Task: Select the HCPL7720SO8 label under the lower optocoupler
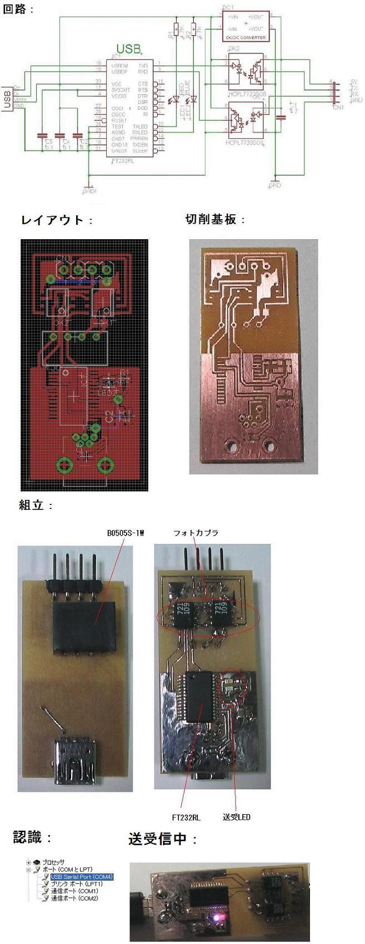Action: point(245,143)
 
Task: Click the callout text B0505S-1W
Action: point(126,533)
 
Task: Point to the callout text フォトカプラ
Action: point(196,533)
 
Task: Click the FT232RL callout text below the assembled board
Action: point(186,817)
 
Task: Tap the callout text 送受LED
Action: point(237,817)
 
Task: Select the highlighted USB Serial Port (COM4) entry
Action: point(82,877)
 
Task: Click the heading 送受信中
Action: point(163,839)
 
